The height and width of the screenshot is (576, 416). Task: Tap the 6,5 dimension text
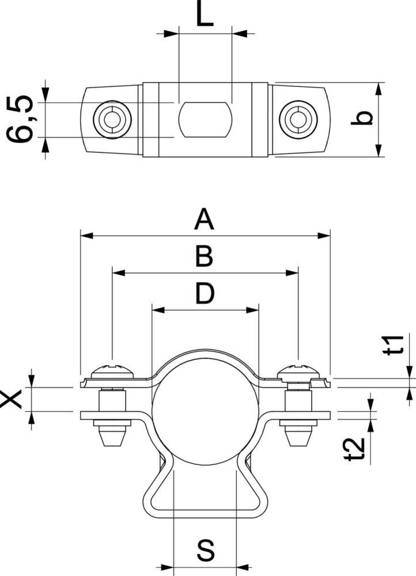pyautogui.click(x=21, y=120)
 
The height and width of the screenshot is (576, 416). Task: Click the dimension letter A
pyautogui.click(x=204, y=219)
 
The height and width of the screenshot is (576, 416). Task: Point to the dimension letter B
pyautogui.click(x=204, y=257)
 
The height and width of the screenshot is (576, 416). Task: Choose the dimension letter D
pyautogui.click(x=204, y=294)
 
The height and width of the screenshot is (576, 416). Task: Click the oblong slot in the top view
pyautogui.click(x=205, y=120)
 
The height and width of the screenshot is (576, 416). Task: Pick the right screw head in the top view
pyautogui.click(x=297, y=120)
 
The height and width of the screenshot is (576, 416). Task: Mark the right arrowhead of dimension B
pyautogui.click(x=293, y=272)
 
